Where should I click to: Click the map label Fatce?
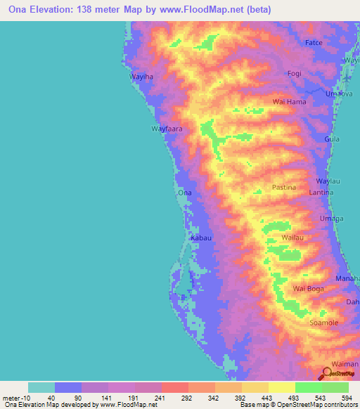pos(314,43)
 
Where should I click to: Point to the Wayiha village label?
pos(141,77)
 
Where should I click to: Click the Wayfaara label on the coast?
pos(167,129)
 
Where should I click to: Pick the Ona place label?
pos(185,192)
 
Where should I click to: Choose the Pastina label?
pos(285,188)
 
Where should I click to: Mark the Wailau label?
pos(292,238)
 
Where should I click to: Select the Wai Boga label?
pos(308,289)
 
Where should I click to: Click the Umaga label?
pos(332,219)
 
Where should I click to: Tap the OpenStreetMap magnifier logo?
pos(328,373)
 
